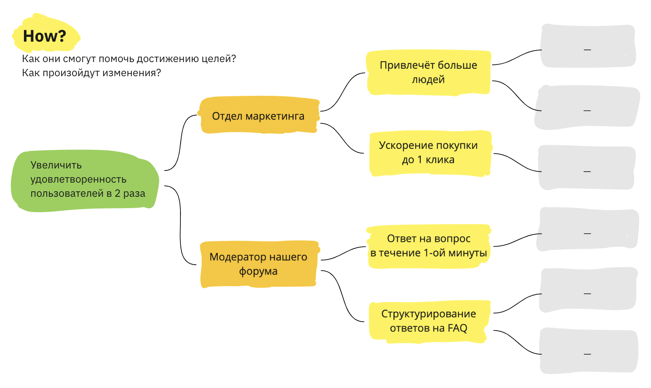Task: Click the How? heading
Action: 45,36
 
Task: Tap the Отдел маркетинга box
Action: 258,116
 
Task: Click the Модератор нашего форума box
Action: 258,264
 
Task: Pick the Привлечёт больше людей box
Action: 428,72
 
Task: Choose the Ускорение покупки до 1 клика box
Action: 428,153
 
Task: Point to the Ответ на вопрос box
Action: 428,246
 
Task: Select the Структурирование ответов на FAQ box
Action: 428,321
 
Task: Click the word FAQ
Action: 457,328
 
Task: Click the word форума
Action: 258,271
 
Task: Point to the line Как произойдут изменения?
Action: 91,73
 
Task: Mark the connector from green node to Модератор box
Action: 180,224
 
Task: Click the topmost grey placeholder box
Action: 587,46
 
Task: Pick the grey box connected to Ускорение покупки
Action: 586,168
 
